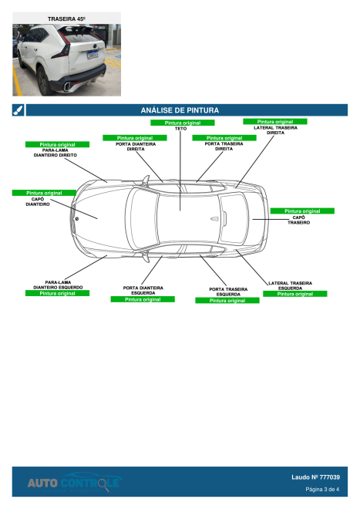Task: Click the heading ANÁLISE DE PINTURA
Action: (180, 110)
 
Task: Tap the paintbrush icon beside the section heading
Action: (18, 110)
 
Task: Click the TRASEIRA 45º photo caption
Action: (66, 17)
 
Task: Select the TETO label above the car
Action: (180, 129)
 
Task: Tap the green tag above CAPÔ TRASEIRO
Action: (301, 211)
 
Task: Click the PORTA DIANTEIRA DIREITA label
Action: (135, 147)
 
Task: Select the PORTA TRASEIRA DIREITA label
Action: (224, 147)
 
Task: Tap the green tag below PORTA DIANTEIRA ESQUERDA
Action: (143, 299)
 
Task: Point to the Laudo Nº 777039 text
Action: (315, 477)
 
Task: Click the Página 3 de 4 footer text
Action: (322, 489)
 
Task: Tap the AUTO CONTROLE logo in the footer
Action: (73, 482)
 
